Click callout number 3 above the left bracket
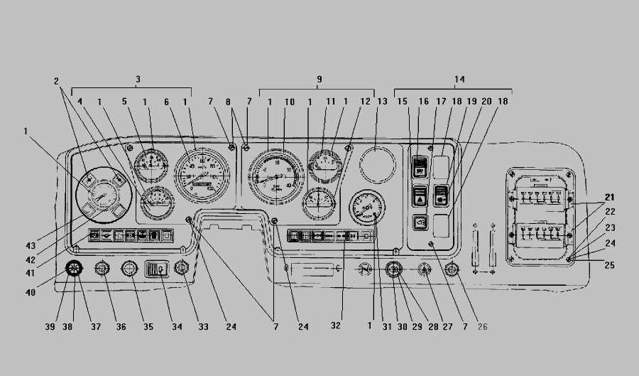(138, 78)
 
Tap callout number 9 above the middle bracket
(319, 78)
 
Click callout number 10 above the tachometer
(290, 102)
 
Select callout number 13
(382, 102)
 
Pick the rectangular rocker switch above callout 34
(155, 269)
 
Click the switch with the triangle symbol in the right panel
(420, 195)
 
